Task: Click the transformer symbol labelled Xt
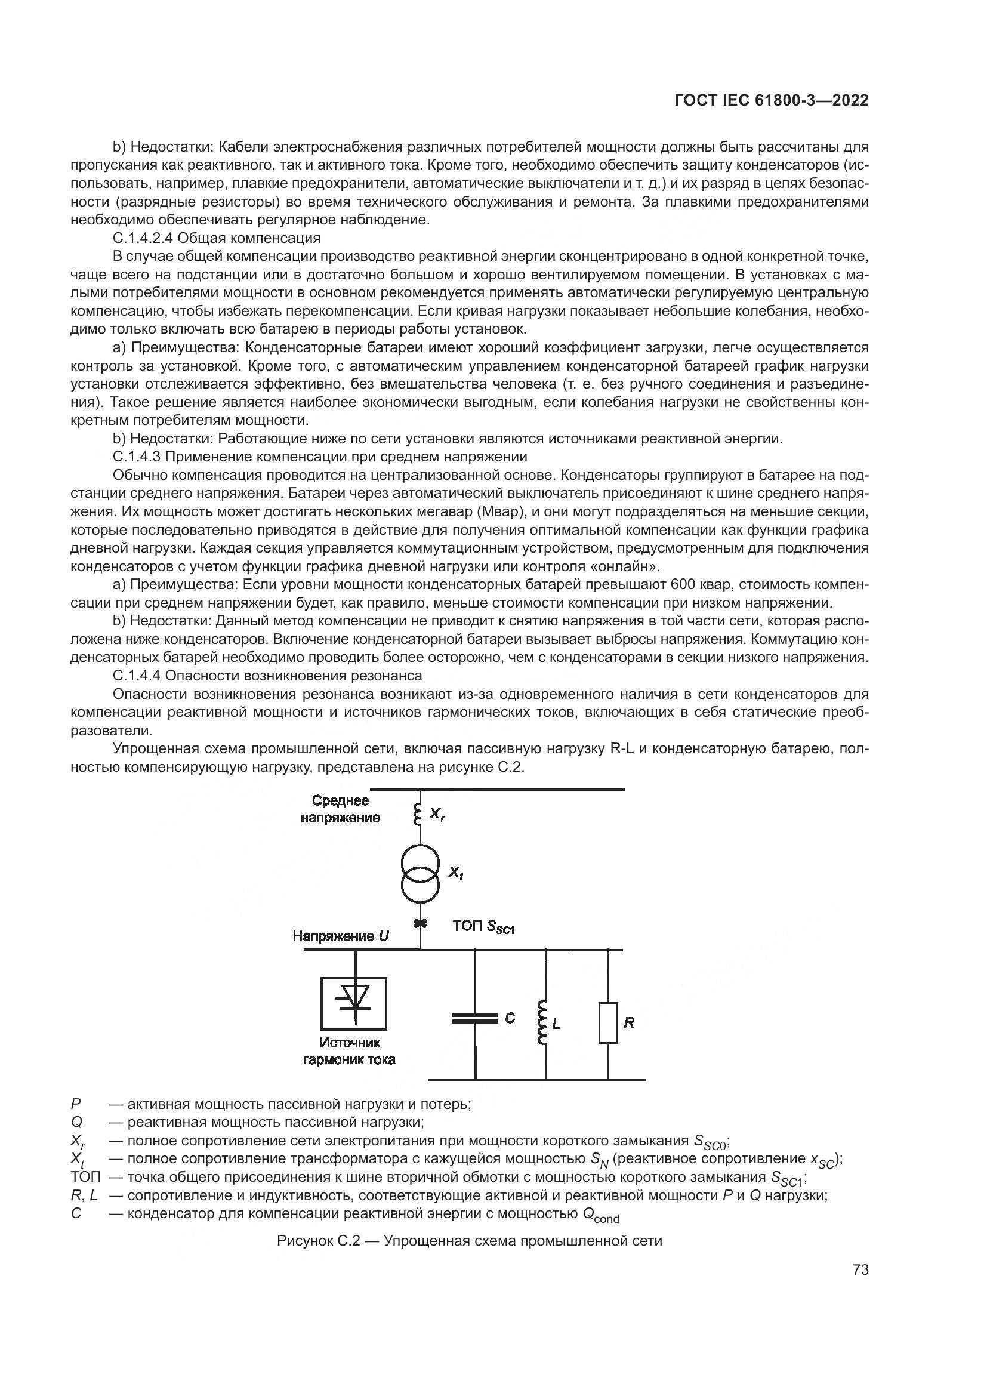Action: click(x=420, y=873)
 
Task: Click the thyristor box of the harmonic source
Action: click(x=354, y=1003)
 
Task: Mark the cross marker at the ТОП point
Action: click(x=420, y=924)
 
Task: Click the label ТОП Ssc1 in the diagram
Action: click(x=483, y=926)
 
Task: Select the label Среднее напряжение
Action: click(x=340, y=809)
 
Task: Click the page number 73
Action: click(x=860, y=1269)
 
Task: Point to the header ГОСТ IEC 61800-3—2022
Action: click(x=771, y=100)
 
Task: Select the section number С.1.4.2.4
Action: click(x=143, y=238)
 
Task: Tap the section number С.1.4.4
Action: click(x=137, y=676)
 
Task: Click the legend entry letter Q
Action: click(x=76, y=1122)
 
